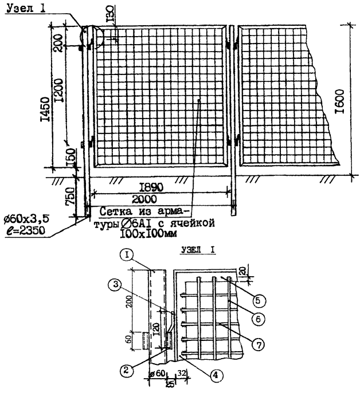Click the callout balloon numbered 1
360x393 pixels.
[x=127, y=256]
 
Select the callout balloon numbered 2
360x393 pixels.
[x=126, y=370]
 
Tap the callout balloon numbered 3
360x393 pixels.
[x=115, y=285]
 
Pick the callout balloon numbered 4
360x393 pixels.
[x=215, y=375]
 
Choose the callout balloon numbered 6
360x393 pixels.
[x=258, y=319]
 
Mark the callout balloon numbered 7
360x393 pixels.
[x=258, y=345]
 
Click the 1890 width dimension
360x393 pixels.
[x=151, y=187]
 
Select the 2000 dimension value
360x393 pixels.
[x=144, y=199]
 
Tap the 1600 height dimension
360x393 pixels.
[x=340, y=101]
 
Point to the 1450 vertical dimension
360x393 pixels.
[x=46, y=109]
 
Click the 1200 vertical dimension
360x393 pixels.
[x=58, y=91]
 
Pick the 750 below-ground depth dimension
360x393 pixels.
[x=70, y=196]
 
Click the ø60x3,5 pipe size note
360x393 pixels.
[x=26, y=219]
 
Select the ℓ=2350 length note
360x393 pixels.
[x=25, y=230]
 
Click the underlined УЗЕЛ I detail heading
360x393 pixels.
[x=198, y=250]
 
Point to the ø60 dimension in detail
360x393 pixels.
[x=157, y=374]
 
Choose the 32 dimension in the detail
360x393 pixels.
[x=182, y=374]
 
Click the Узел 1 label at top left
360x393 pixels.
[x=26, y=8]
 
